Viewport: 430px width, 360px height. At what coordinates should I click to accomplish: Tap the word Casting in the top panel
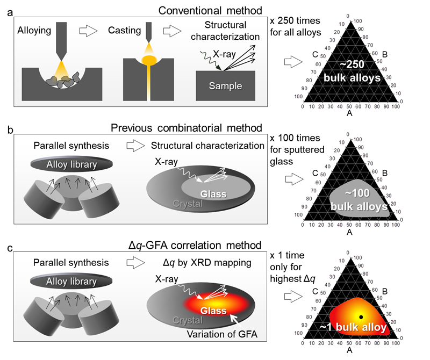(x=125, y=31)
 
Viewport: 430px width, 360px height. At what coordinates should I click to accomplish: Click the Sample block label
(x=225, y=86)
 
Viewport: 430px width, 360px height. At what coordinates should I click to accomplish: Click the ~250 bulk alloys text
(x=352, y=70)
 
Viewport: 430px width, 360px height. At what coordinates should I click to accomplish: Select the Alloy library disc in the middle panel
(x=71, y=164)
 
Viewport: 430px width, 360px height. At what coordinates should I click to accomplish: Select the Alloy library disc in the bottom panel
(x=71, y=281)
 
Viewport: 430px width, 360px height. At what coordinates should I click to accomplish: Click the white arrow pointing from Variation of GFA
(x=235, y=320)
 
